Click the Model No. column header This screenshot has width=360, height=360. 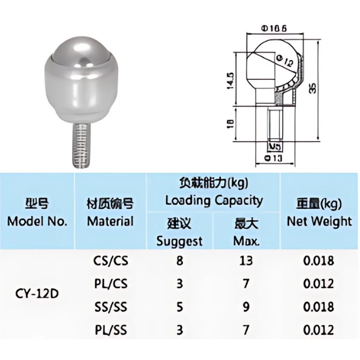pyautogui.click(x=37, y=214)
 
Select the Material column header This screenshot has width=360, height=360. pyautogui.click(x=110, y=214)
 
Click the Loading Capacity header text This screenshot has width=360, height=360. pyautogui.click(x=214, y=200)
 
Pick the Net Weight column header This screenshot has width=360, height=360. pyautogui.click(x=319, y=214)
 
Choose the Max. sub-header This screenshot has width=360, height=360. pyautogui.click(x=246, y=234)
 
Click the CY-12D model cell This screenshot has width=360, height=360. pyautogui.click(x=37, y=295)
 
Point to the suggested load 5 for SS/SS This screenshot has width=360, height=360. pyautogui.click(x=179, y=307)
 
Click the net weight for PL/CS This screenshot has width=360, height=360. pyautogui.click(x=319, y=283)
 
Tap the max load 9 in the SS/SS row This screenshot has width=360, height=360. pyautogui.click(x=246, y=307)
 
